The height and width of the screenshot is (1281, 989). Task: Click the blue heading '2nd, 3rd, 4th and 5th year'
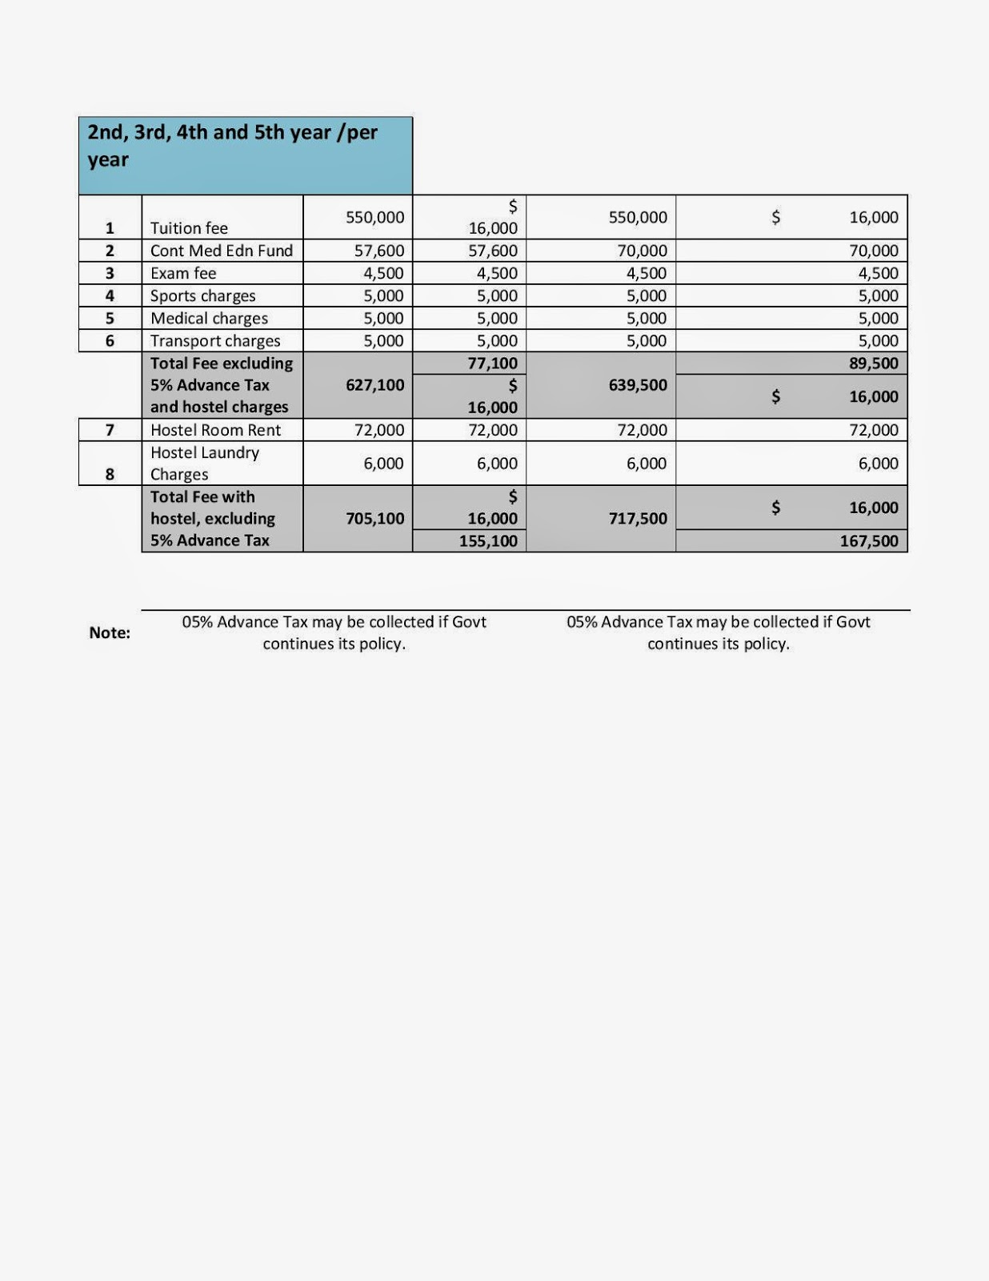click(x=232, y=145)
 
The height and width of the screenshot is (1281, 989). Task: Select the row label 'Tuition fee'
click(x=189, y=228)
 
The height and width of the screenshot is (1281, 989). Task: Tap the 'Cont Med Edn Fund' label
click(x=222, y=251)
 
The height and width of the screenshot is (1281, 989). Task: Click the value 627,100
click(x=374, y=385)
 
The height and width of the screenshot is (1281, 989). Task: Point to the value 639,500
click(x=637, y=385)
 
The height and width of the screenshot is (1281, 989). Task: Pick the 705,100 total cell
click(x=374, y=519)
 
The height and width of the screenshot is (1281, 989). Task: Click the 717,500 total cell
click(x=637, y=519)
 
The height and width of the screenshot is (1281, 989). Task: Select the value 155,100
click(x=487, y=541)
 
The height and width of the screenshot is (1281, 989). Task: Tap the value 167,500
click(x=868, y=541)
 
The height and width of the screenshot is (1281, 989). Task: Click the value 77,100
click(x=492, y=363)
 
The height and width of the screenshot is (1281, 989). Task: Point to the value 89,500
click(x=873, y=363)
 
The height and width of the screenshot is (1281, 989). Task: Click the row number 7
click(x=110, y=430)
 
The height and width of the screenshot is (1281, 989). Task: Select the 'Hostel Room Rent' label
click(x=215, y=430)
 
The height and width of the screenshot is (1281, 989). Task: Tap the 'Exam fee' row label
click(x=183, y=273)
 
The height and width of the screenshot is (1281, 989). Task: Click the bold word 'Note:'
click(x=110, y=632)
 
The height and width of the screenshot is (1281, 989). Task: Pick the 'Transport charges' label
click(x=215, y=341)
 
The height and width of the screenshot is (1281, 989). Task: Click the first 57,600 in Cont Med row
click(x=378, y=251)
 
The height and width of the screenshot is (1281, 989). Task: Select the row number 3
click(x=110, y=273)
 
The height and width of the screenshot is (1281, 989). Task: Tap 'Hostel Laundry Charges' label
click(x=204, y=464)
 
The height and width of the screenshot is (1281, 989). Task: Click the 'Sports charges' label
click(x=202, y=296)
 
